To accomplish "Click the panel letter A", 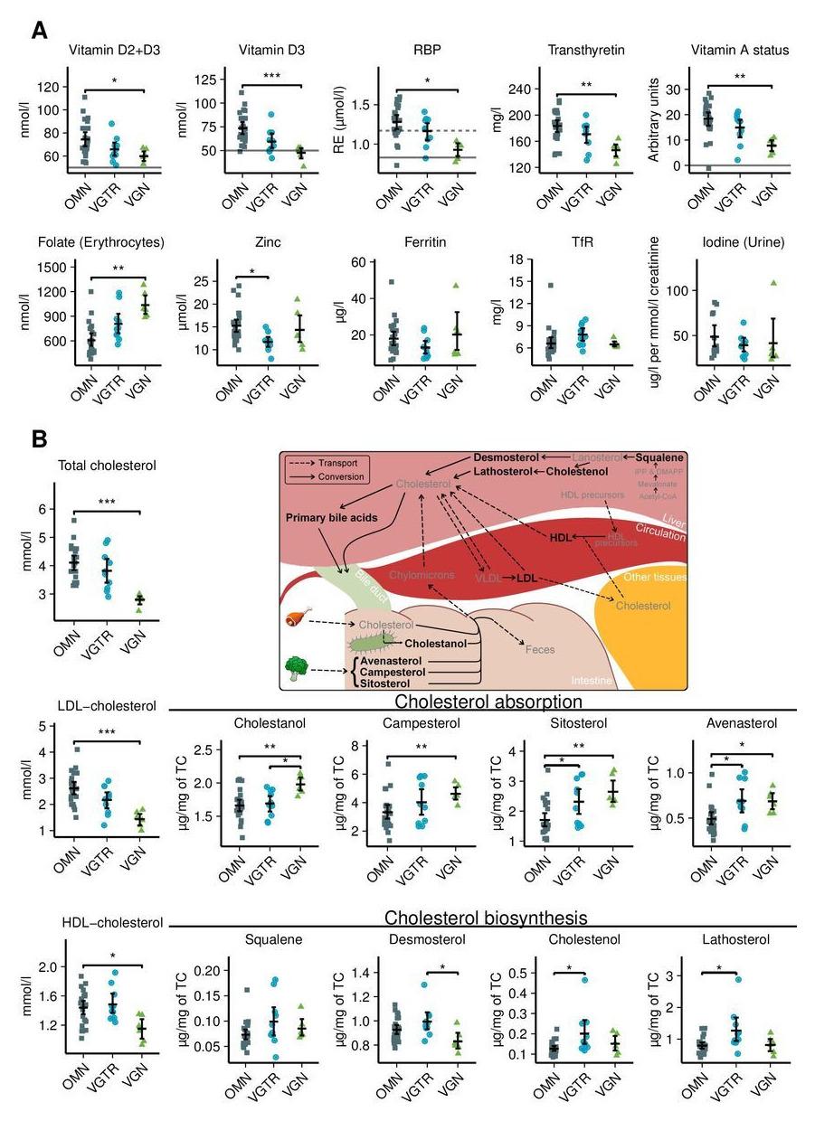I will tap(39, 30).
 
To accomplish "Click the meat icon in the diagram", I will tap(296, 620).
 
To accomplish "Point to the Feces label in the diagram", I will tap(541, 649).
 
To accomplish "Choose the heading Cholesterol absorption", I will tap(488, 701).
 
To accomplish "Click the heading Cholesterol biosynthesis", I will tap(486, 918).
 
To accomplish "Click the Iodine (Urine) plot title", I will tap(737, 242).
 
